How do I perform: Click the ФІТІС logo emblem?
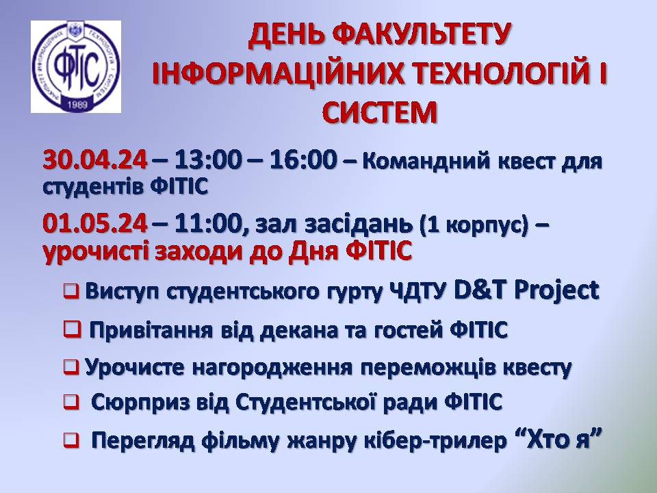pos(76,66)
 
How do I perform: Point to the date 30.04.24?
pos(95,160)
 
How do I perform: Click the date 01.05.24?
pos(95,223)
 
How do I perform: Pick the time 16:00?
pos(303,160)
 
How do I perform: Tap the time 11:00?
pos(208,223)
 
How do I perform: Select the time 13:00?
pos(208,160)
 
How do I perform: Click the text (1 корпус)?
pos(474,225)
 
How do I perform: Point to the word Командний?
pos(426,162)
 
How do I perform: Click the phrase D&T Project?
pos(527,290)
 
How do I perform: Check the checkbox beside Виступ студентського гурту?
pos(71,290)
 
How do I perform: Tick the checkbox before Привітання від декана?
pos(72,329)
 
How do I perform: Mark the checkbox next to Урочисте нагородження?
pos(71,367)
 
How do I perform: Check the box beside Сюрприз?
pos(71,403)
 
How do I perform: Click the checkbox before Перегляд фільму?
pos(71,440)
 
